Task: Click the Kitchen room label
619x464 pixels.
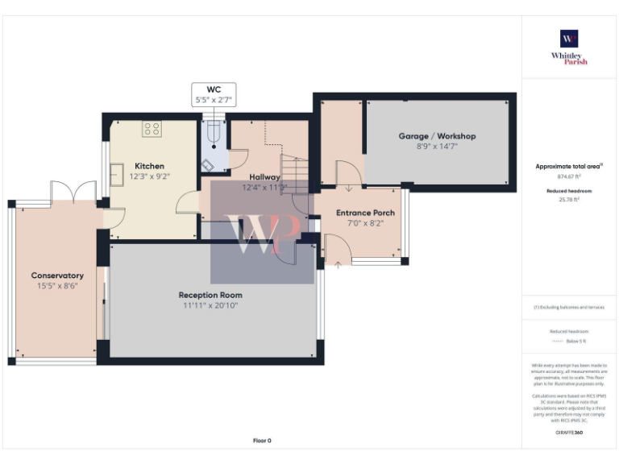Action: click(x=149, y=165)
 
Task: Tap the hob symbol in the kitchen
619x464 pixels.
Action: click(x=152, y=129)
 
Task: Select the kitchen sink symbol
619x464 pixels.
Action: click(x=117, y=174)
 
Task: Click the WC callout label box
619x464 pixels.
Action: click(x=214, y=94)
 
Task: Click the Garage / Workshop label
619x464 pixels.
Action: click(x=437, y=136)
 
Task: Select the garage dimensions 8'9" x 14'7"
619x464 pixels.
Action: click(x=437, y=147)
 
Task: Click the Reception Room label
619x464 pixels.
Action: click(x=210, y=295)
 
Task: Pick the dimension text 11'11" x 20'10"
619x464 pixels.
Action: click(x=210, y=305)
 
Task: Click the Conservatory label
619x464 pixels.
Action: click(x=57, y=275)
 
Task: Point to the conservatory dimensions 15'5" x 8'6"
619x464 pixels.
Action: click(x=57, y=285)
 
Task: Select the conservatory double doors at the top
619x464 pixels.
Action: click(x=73, y=193)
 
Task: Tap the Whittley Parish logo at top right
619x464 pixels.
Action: click(x=569, y=47)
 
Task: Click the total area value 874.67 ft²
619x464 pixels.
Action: click(x=569, y=176)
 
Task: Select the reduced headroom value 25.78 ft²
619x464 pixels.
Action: click(x=569, y=199)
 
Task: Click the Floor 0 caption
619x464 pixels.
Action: click(x=263, y=441)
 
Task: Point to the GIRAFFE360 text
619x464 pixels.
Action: click(x=569, y=433)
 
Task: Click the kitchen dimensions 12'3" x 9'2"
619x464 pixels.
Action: click(x=149, y=176)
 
